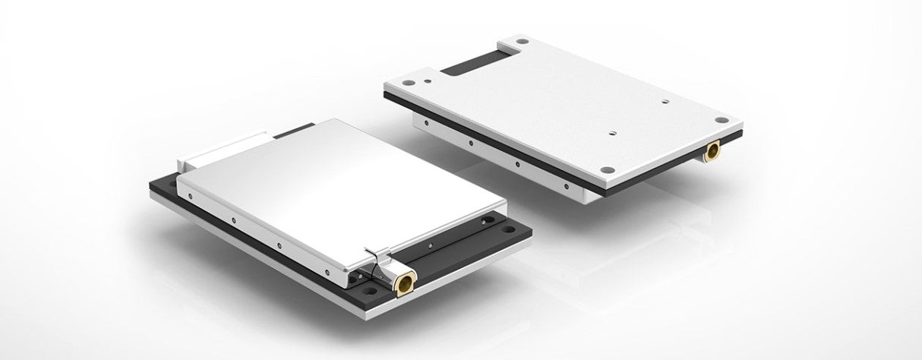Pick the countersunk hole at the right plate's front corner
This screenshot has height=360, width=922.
607,169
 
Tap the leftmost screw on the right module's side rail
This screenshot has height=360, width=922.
427,122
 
